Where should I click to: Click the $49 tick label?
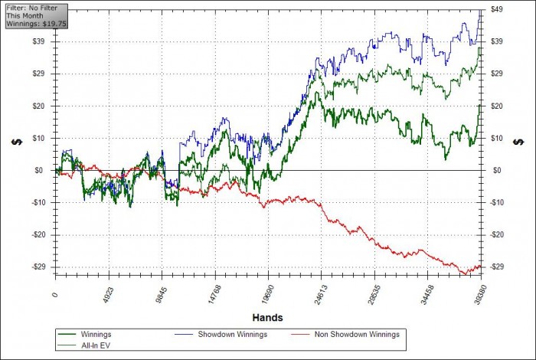tap(496, 9)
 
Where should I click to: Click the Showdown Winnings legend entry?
tap(229, 335)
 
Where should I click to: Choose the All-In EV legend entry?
tap(96, 346)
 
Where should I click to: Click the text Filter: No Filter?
tap(29, 7)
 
